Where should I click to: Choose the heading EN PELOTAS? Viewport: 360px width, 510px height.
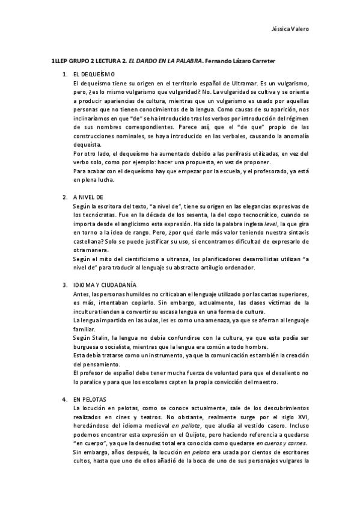pyautogui.click(x=89, y=399)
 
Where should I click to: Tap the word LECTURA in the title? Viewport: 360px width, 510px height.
pyautogui.click(x=111, y=61)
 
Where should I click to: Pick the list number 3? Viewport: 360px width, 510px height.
pyautogui.click(x=64, y=284)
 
